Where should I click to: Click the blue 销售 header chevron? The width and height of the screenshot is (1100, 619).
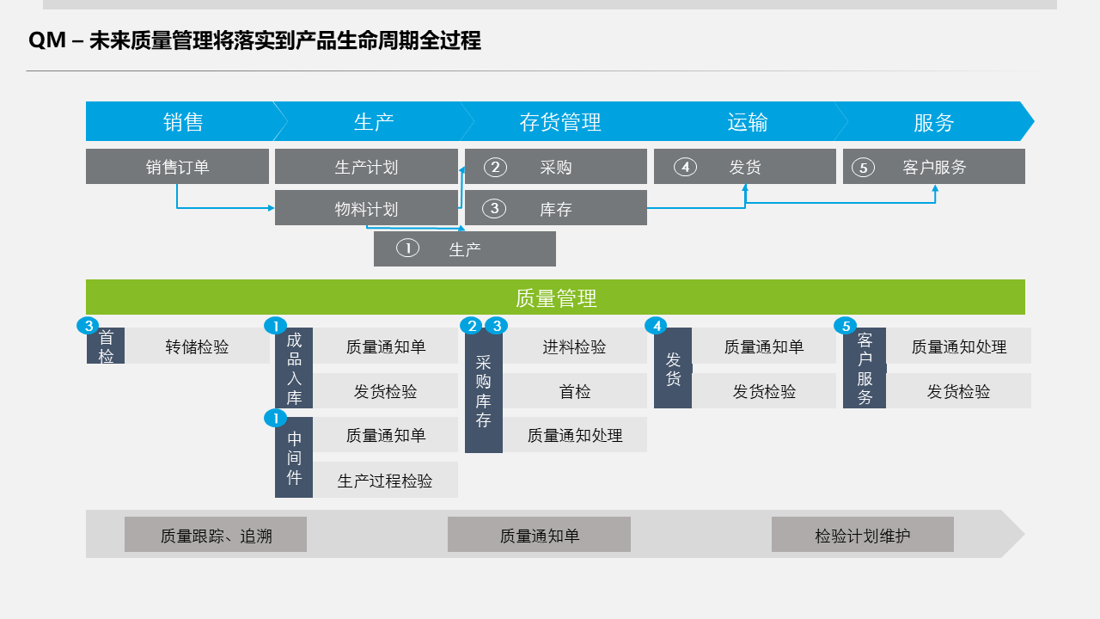click(x=182, y=122)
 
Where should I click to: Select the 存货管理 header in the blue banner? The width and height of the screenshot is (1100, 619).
click(x=559, y=122)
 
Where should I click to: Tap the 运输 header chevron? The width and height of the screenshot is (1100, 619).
click(x=747, y=122)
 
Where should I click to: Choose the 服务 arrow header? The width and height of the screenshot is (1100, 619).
click(x=933, y=122)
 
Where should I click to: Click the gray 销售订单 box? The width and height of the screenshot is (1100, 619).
click(x=177, y=167)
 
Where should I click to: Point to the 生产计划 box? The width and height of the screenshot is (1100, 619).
click(x=366, y=167)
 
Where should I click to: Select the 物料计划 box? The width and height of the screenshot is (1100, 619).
click(x=366, y=208)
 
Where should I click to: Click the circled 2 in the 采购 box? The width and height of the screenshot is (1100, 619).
click(x=495, y=167)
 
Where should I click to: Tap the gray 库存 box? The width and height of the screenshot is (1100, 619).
click(x=556, y=208)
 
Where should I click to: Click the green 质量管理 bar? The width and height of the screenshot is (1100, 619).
click(x=555, y=297)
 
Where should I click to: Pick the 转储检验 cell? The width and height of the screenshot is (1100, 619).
click(x=198, y=346)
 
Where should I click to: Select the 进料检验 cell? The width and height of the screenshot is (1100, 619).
click(x=574, y=346)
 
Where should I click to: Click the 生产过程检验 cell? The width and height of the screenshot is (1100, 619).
click(x=385, y=481)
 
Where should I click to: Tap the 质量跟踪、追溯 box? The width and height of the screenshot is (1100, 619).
click(x=216, y=535)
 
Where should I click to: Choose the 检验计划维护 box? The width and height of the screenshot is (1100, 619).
click(x=862, y=535)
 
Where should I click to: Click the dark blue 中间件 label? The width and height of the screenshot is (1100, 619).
click(x=294, y=457)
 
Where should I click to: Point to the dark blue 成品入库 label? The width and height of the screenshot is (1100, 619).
click(x=294, y=368)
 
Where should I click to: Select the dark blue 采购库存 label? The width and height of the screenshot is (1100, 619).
click(x=483, y=391)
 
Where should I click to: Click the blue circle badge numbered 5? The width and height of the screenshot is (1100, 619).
click(x=846, y=326)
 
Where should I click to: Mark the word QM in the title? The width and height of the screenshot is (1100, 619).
click(x=47, y=40)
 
